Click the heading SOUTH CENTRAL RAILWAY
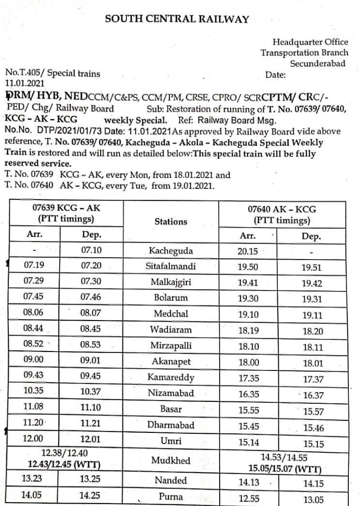177,19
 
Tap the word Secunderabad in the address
317,63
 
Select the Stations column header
171,221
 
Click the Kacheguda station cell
171,251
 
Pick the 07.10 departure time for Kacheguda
90,251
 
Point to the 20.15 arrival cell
248,251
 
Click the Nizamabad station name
171,393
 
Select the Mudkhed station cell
171,460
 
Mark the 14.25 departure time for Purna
90,496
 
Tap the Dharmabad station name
171,425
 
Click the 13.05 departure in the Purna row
313,500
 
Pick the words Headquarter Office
310,42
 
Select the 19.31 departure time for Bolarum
312,299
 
